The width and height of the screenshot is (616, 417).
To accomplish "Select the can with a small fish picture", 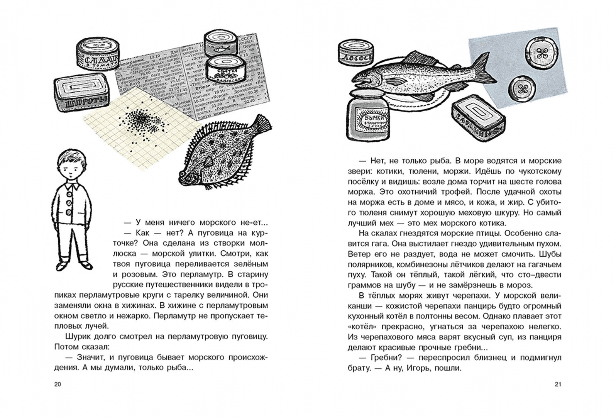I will point(220,45).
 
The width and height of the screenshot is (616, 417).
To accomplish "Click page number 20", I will point(58,384).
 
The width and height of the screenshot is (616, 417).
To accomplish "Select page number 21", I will point(557,384).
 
